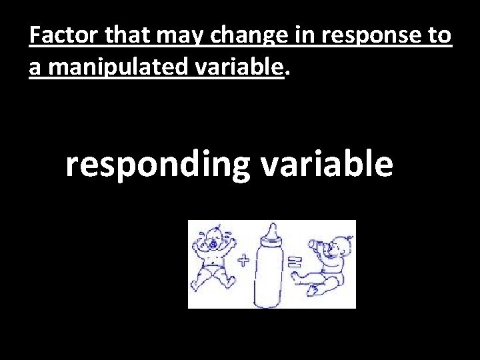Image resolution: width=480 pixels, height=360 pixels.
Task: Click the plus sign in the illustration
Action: click(x=243, y=262)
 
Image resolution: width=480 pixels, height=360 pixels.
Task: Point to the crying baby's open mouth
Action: click(x=213, y=245)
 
